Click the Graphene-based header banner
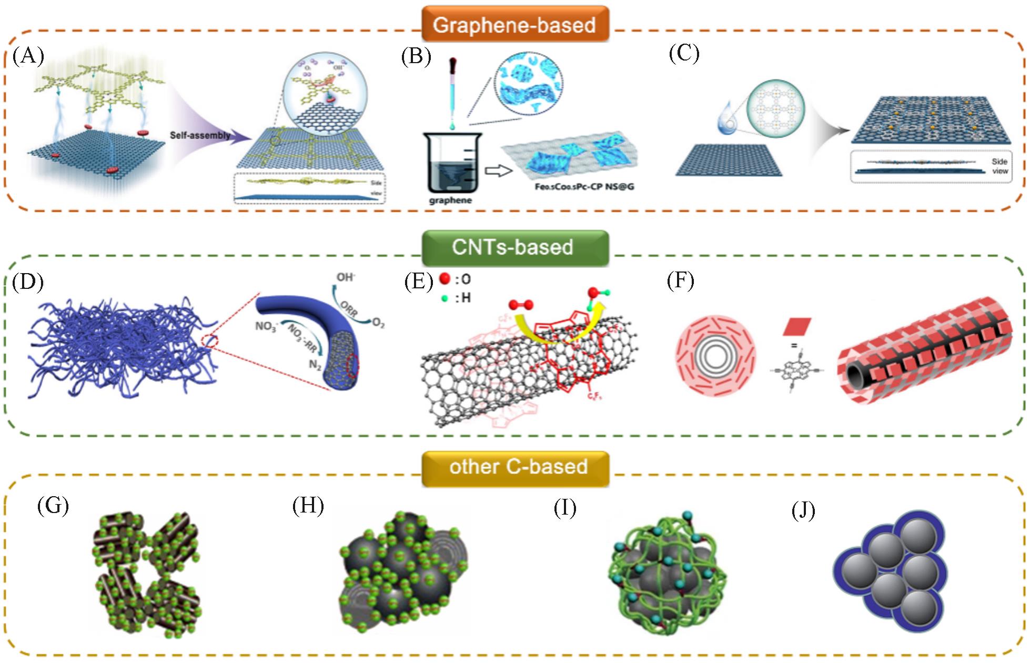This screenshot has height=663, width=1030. pos(514,24)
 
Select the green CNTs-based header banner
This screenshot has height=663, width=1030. pos(514,247)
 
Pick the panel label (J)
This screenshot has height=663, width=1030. pos(803,510)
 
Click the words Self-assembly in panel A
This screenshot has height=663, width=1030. pos(200,135)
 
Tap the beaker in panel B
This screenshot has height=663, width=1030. pos(451,163)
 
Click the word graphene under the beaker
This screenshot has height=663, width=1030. pos(450,200)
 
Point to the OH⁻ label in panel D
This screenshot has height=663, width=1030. pos(346,277)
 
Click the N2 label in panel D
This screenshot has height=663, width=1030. pos(315,364)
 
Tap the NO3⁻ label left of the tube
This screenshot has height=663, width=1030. pos(266,326)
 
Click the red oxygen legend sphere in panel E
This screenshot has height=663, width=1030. pos(445,278)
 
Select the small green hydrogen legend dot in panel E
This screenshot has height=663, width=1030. pos(445,298)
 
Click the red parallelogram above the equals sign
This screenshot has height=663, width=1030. pos(796,326)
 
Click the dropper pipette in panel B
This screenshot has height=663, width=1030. pos(451,92)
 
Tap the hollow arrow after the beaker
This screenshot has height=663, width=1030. pos(498,171)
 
